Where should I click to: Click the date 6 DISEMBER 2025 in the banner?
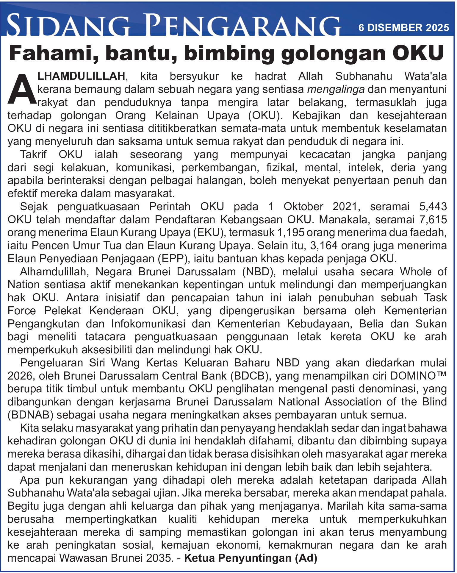[403, 28]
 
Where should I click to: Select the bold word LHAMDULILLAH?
[81, 76]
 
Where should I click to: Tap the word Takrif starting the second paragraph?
[33, 154]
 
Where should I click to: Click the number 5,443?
[433, 207]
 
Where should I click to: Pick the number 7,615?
[433, 220]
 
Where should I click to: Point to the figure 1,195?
[290, 232]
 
